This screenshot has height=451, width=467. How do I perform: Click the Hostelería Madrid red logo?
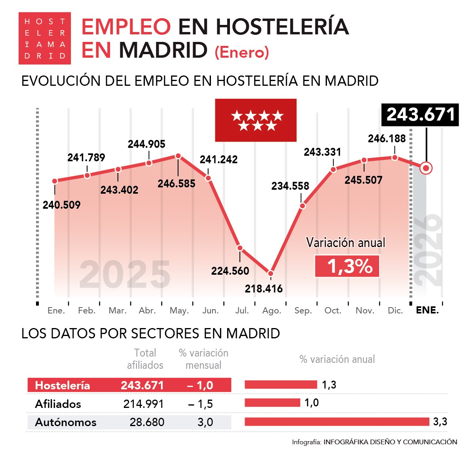coord(45,38)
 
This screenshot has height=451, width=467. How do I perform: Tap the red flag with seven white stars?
coord(256,120)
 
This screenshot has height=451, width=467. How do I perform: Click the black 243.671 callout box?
coord(420,115)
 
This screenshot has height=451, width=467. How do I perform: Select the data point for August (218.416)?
coord(271,273)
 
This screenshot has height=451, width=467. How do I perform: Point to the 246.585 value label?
coord(177,184)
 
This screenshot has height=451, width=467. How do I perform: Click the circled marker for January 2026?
coord(426,168)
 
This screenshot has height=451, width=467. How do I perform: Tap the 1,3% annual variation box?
coord(347,266)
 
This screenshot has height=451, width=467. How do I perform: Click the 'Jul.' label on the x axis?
coord(242,311)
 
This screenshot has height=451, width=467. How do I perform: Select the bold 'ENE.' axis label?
coord(427,310)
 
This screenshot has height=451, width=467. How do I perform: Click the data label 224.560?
coord(230,271)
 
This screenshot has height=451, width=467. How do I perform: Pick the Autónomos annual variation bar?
coord(337,422)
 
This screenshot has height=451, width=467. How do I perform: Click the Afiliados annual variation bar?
coord(272,403)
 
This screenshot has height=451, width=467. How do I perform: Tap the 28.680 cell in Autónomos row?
coord(147,422)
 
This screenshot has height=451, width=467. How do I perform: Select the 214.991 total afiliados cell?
coord(143,404)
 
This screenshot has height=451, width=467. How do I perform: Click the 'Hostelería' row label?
coord(63,385)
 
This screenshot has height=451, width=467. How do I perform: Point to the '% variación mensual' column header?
coord(203,359)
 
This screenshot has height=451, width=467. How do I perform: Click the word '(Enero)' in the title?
coord(242,52)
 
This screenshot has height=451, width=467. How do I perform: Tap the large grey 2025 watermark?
coord(125,275)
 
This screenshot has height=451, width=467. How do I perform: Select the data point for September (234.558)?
coord(302,206)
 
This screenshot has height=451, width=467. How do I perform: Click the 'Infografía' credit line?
coord(374,442)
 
